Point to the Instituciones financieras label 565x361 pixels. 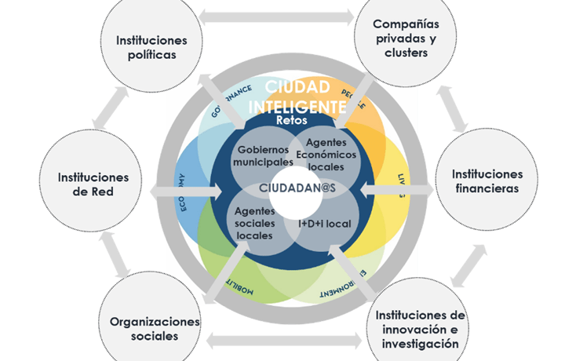(487, 181)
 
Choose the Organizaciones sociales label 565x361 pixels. (155, 329)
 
